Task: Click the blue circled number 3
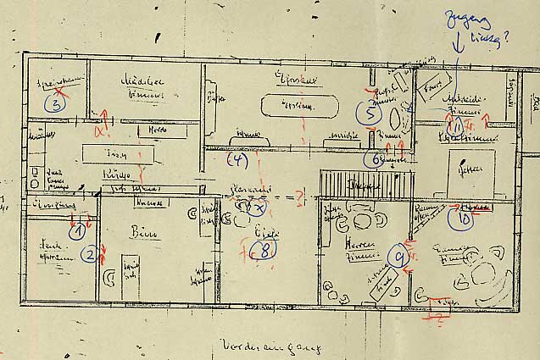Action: click(x=55, y=104)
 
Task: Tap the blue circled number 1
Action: click(x=78, y=229)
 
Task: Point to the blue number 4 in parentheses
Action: click(x=237, y=158)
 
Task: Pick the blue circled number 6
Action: click(x=375, y=158)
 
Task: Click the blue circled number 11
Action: click(x=458, y=124)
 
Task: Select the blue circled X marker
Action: click(x=259, y=207)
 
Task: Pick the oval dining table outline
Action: click(x=288, y=106)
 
